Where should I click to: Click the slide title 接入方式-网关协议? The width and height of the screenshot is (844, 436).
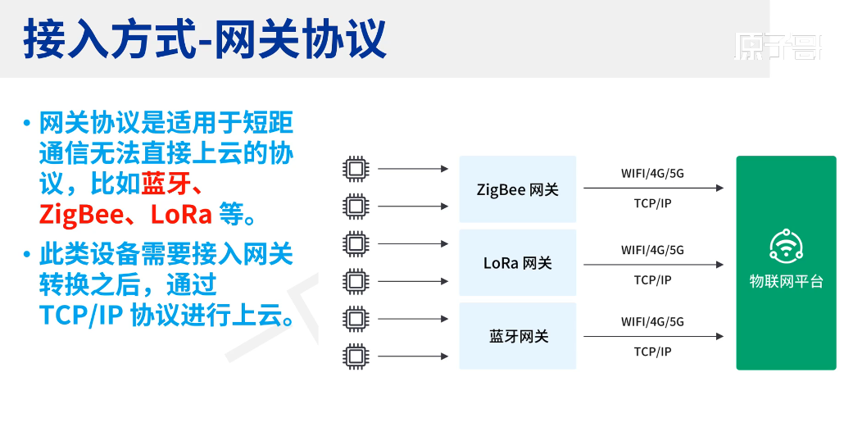[205, 40]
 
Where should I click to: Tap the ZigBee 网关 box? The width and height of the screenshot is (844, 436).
[517, 189]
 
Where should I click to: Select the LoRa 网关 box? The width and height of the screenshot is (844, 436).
[517, 263]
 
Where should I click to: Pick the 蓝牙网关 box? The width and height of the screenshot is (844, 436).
[517, 337]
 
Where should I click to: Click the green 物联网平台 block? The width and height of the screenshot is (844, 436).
[786, 263]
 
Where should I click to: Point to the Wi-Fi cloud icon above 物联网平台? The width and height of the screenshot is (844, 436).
[786, 247]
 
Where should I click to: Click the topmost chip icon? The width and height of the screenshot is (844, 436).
[355, 169]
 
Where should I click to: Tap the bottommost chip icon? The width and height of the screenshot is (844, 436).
[355, 357]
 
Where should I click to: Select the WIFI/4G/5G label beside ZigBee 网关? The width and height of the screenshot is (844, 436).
[652, 173]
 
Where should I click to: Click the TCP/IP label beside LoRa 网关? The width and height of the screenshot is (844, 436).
[652, 279]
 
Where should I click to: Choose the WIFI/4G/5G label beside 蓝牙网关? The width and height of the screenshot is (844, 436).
[652, 321]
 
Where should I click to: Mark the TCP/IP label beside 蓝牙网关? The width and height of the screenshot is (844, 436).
[652, 352]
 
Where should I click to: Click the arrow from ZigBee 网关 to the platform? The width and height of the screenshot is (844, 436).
[653, 188]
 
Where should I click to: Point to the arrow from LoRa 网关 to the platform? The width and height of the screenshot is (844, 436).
[653, 264]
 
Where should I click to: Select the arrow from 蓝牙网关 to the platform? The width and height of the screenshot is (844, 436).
[653, 336]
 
